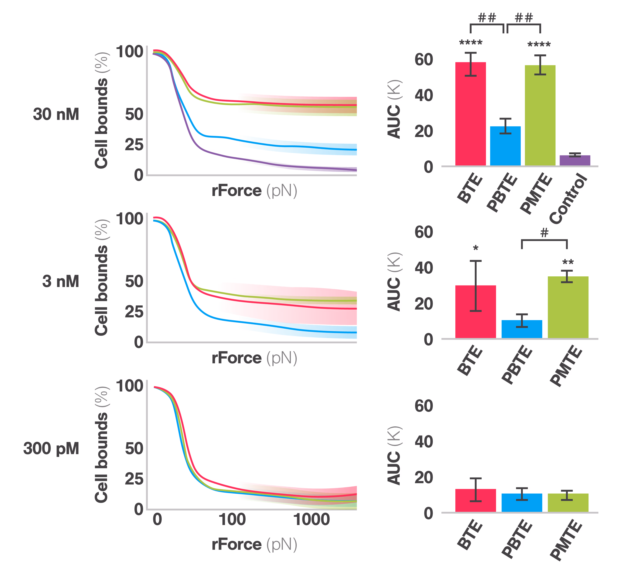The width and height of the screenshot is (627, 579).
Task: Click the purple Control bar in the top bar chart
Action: point(575,160)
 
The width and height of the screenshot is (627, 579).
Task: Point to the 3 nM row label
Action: point(60,281)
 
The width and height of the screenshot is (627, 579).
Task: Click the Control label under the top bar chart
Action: point(568,199)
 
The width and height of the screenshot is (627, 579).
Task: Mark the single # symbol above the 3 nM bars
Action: point(544,233)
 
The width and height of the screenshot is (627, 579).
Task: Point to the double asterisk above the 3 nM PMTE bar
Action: point(568,262)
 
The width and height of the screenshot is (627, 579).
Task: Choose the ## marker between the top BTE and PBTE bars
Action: point(487,18)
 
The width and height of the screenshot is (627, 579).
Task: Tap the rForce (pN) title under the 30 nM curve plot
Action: point(254,191)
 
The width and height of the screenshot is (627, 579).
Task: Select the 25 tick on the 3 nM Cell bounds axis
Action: point(134,312)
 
